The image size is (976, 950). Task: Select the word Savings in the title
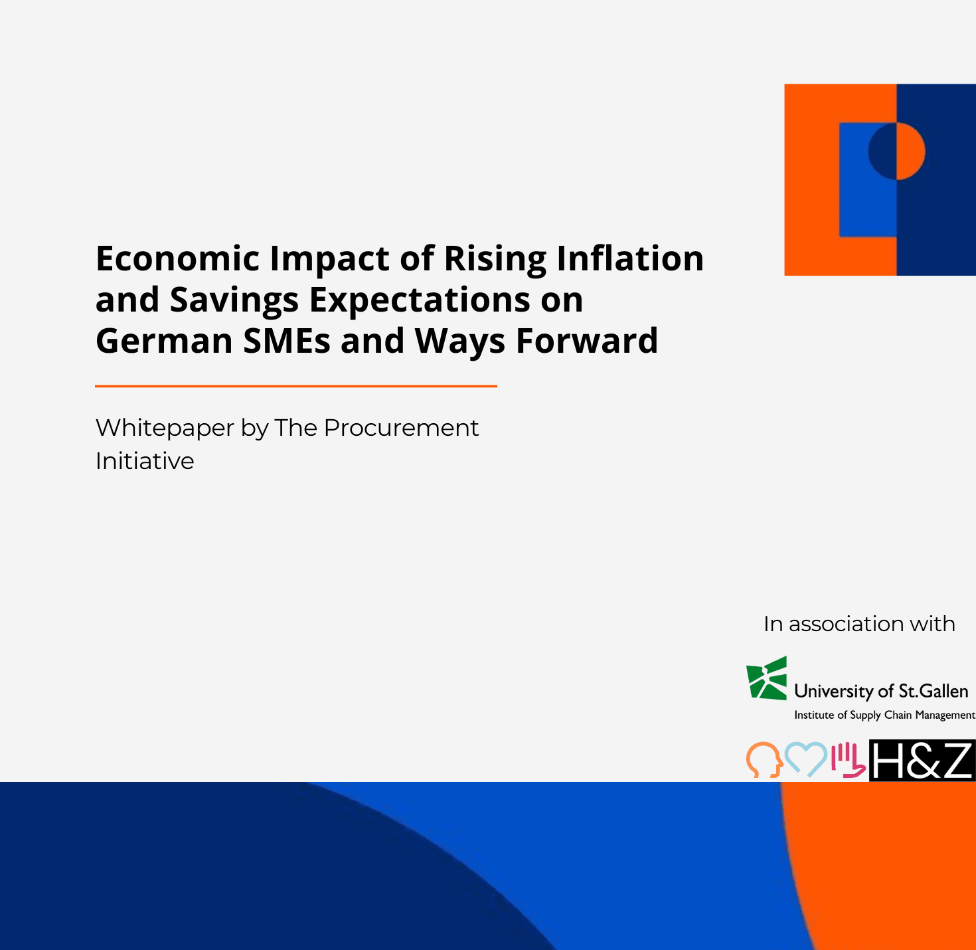(234, 300)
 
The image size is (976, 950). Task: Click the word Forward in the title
(586, 341)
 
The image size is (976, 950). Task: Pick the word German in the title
(164, 341)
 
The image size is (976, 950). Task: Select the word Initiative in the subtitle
(145, 461)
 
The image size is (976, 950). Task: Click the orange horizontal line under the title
(296, 386)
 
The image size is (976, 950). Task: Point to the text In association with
(859, 624)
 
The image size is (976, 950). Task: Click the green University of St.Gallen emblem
(767, 678)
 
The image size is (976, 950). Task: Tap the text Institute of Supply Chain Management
(884, 715)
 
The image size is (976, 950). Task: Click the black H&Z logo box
(922, 761)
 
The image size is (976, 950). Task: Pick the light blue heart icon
(806, 759)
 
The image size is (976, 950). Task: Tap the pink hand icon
(848, 759)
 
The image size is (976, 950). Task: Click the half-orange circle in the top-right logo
(897, 151)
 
